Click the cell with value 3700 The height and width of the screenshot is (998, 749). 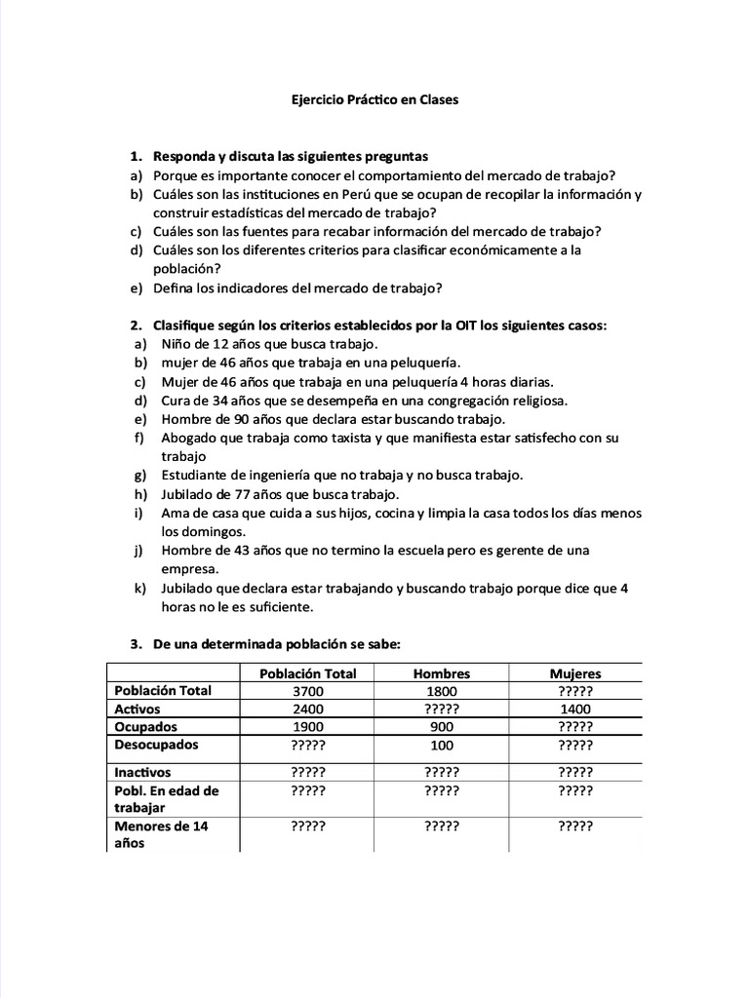click(307, 691)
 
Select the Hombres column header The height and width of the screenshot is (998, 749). click(441, 673)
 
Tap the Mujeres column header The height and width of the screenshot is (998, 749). click(575, 673)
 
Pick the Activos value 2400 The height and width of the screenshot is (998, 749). click(307, 710)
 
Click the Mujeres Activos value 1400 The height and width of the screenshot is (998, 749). click(575, 710)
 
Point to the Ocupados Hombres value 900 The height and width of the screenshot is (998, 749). click(442, 727)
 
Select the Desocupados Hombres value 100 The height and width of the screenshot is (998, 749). click(442, 746)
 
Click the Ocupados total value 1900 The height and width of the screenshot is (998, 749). click(307, 727)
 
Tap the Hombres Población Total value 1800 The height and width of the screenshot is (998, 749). click(442, 691)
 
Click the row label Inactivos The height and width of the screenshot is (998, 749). click(142, 772)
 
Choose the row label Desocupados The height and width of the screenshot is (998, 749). click(156, 745)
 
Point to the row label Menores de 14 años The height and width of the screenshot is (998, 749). click(161, 834)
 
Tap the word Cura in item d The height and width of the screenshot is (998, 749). click(177, 401)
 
